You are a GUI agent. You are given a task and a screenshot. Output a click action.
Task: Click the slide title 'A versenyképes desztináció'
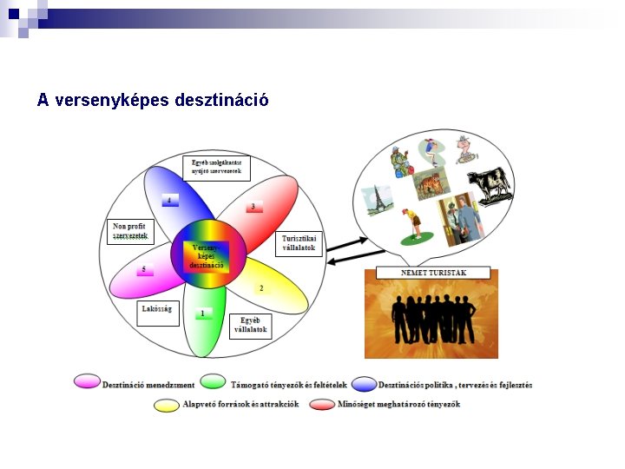click(x=153, y=100)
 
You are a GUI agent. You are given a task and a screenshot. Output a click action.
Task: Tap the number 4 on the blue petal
click(x=170, y=201)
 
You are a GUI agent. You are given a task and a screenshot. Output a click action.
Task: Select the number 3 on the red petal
click(x=253, y=207)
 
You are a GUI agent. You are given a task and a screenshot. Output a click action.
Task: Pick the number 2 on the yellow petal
click(x=260, y=287)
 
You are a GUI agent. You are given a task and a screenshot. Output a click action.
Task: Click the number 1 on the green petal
click(x=203, y=313)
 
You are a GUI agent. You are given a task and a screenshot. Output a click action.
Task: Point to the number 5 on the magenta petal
click(x=144, y=270)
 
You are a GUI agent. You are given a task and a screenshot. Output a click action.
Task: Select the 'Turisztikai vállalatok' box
click(x=299, y=243)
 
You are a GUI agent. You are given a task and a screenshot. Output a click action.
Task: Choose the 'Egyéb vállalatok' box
click(x=250, y=327)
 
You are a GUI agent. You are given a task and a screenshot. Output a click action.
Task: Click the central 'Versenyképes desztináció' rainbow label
click(x=207, y=256)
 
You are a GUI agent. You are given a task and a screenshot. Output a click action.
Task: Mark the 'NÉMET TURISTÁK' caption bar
click(x=432, y=274)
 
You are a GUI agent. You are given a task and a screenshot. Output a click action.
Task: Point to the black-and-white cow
click(x=490, y=185)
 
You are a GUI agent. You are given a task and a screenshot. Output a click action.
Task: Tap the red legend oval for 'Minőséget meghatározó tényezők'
click(x=322, y=405)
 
